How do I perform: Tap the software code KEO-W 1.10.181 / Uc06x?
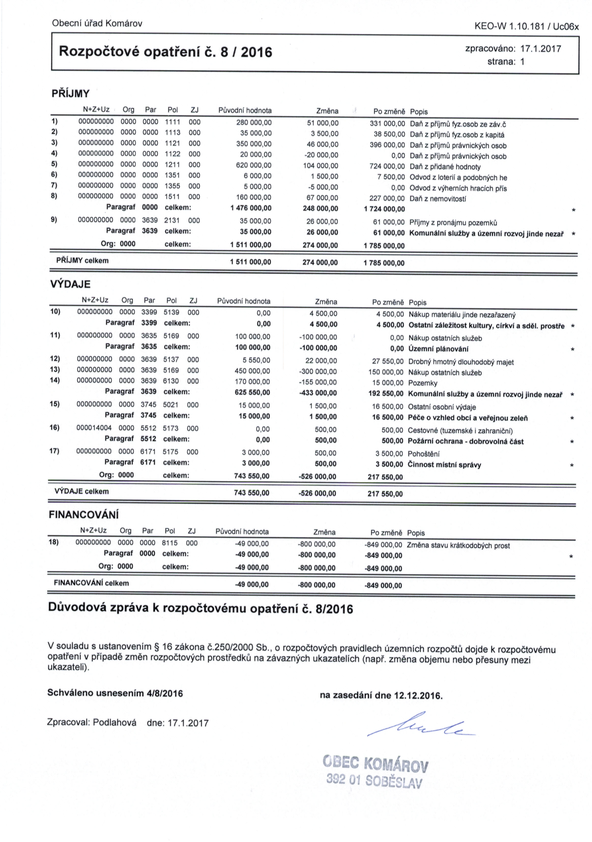[526, 26]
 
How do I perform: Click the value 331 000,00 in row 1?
[387, 124]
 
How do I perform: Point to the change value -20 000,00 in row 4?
[321, 155]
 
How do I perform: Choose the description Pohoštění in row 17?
[423, 454]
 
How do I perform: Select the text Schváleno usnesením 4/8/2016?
[115, 693]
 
